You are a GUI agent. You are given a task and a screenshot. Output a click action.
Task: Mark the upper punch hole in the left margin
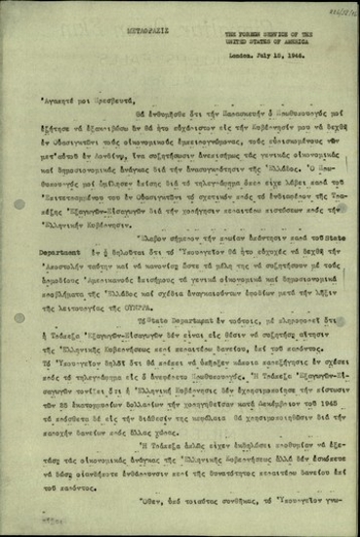20,204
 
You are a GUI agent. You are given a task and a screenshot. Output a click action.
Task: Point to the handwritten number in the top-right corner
339,10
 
